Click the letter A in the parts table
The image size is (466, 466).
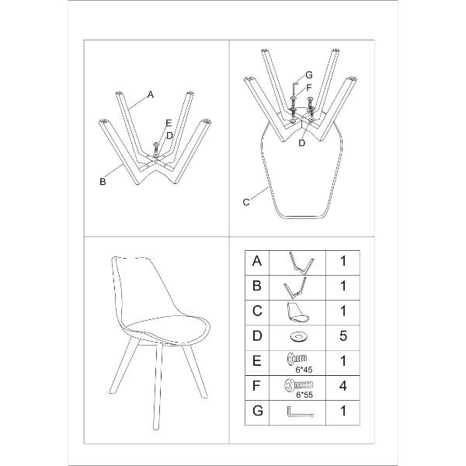pos(257,261)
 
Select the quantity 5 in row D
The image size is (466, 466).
pos(343,336)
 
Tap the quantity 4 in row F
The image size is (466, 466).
pos(343,386)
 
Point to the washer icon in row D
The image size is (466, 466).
pos(299,337)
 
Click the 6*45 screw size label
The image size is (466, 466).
pos(304,370)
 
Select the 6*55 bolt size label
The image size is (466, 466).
pos(304,395)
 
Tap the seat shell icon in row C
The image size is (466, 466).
pos(297,312)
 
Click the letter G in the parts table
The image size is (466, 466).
pos(257,411)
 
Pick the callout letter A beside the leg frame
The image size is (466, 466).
pos(151,95)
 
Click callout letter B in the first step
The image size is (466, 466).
pos(103,182)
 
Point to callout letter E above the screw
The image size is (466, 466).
pos(169,123)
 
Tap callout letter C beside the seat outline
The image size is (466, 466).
pos(246,203)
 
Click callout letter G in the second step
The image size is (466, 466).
pos(309,75)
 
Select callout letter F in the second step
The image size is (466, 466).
pos(309,88)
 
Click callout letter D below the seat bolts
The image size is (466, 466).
pos(301,143)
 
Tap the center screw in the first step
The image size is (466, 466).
pos(156,148)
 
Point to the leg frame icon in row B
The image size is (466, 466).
pos(295,287)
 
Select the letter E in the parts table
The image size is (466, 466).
pos(257,361)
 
